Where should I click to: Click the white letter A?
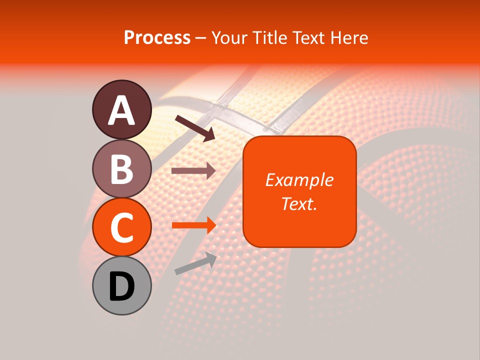point(122,110)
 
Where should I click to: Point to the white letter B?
point(122,169)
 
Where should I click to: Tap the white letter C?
point(122,227)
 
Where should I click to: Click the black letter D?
point(122,286)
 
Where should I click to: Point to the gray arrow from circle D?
point(195,263)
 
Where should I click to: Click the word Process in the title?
point(157,38)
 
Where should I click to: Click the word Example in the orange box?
point(299,180)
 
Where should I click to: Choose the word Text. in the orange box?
point(299,203)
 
